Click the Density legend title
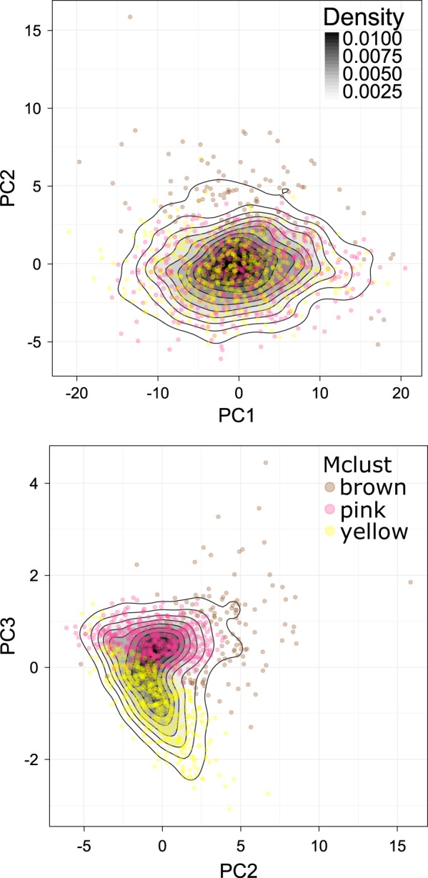point(363,16)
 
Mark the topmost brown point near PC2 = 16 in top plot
point(129,16)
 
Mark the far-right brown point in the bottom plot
point(410,582)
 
